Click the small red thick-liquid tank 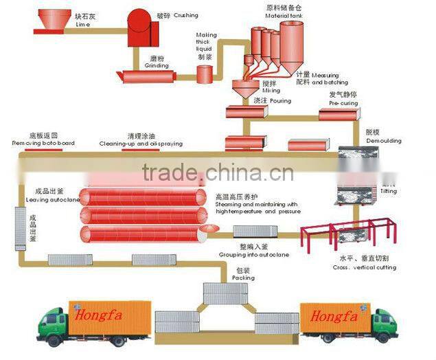pyautogui.click(x=205, y=74)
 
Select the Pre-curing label pyautogui.click(x=343, y=103)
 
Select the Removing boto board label pyautogui.click(x=43, y=144)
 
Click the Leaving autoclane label pyautogui.click(x=48, y=200)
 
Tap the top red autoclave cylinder pyautogui.click(x=142, y=196)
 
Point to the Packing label pyautogui.click(x=243, y=278)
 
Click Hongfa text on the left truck pyautogui.click(x=97, y=317)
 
